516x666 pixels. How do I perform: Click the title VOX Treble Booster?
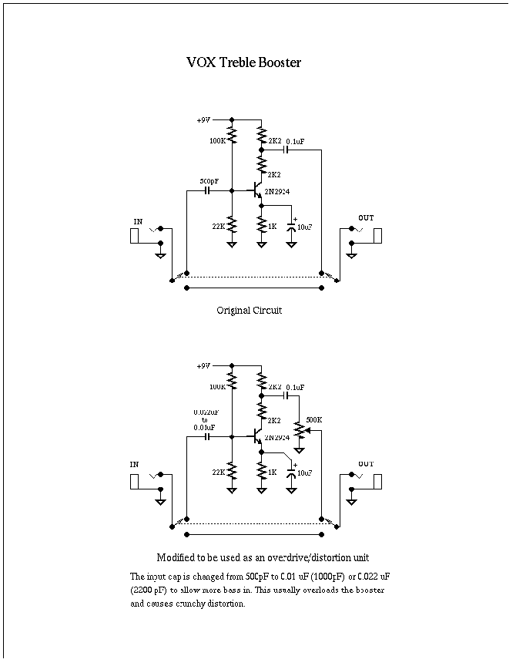tap(243, 62)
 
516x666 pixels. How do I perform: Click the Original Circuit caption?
tap(250, 311)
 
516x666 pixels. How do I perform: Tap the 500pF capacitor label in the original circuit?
tap(209, 182)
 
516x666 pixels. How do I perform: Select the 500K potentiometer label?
tap(314, 420)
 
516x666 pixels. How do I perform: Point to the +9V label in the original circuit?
tap(203, 120)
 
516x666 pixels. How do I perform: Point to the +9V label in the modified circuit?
tap(203, 366)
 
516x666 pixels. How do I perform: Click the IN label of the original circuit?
tap(139, 222)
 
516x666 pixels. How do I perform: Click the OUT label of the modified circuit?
tap(366, 464)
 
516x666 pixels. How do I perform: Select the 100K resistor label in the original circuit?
tap(218, 142)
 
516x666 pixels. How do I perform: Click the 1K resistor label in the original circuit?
tap(272, 227)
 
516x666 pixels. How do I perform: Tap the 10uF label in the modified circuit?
tap(305, 473)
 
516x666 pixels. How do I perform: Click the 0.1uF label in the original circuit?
tap(295, 142)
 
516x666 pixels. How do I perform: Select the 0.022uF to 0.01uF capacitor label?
tap(204, 419)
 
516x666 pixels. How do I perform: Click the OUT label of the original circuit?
tap(366, 218)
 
